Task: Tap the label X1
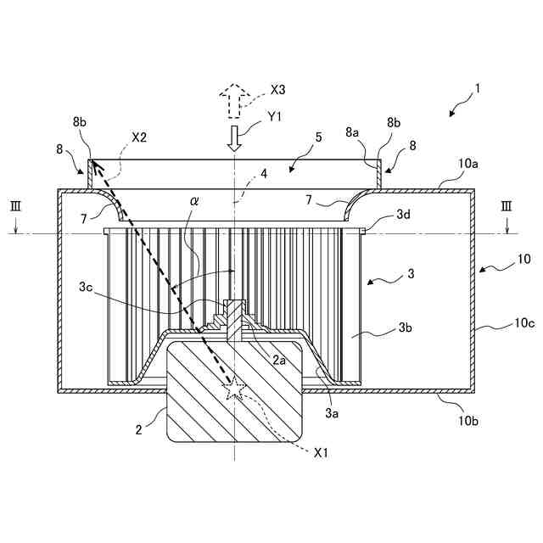pyautogui.click(x=320, y=453)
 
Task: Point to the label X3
pyautogui.click(x=278, y=89)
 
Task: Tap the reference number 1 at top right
pyautogui.click(x=478, y=87)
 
